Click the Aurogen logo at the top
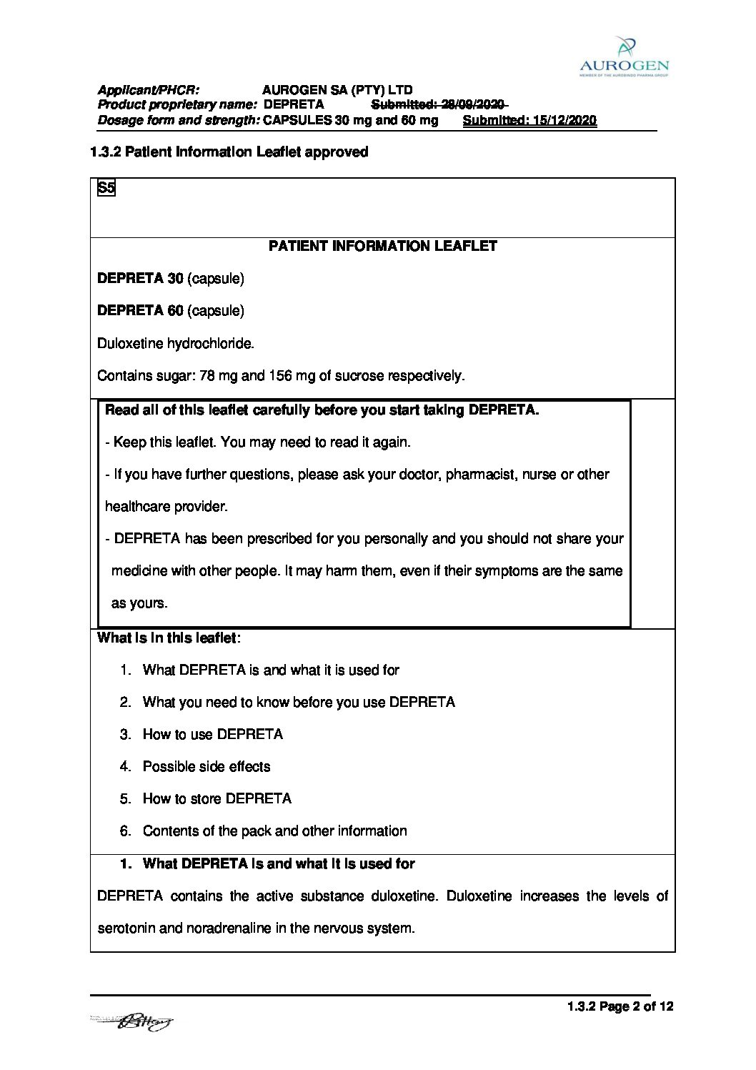[x=624, y=56]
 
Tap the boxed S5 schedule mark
[x=106, y=188]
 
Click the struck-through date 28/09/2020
[x=473, y=104]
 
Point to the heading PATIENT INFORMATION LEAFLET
[x=382, y=246]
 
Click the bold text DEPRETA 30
[x=140, y=279]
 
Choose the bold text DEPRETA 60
[x=140, y=311]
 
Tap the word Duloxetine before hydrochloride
[x=130, y=344]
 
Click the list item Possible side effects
[x=207, y=767]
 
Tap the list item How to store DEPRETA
[x=217, y=799]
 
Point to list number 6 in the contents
[x=126, y=831]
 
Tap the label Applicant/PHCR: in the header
[x=149, y=90]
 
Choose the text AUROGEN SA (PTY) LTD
[x=337, y=90]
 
